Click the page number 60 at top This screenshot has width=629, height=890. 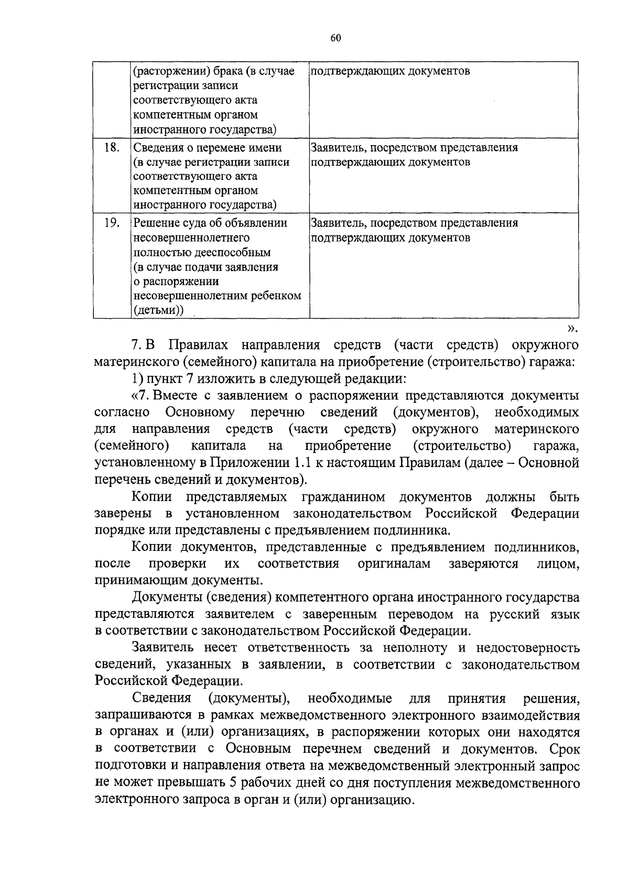pyautogui.click(x=336, y=38)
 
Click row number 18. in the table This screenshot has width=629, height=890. pyautogui.click(x=112, y=147)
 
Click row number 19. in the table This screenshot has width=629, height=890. pyautogui.click(x=112, y=223)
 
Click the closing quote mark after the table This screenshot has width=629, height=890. pyautogui.click(x=572, y=329)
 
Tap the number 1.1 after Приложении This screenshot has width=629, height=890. pyautogui.click(x=302, y=463)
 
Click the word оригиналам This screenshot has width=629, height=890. pyautogui.click(x=394, y=564)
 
